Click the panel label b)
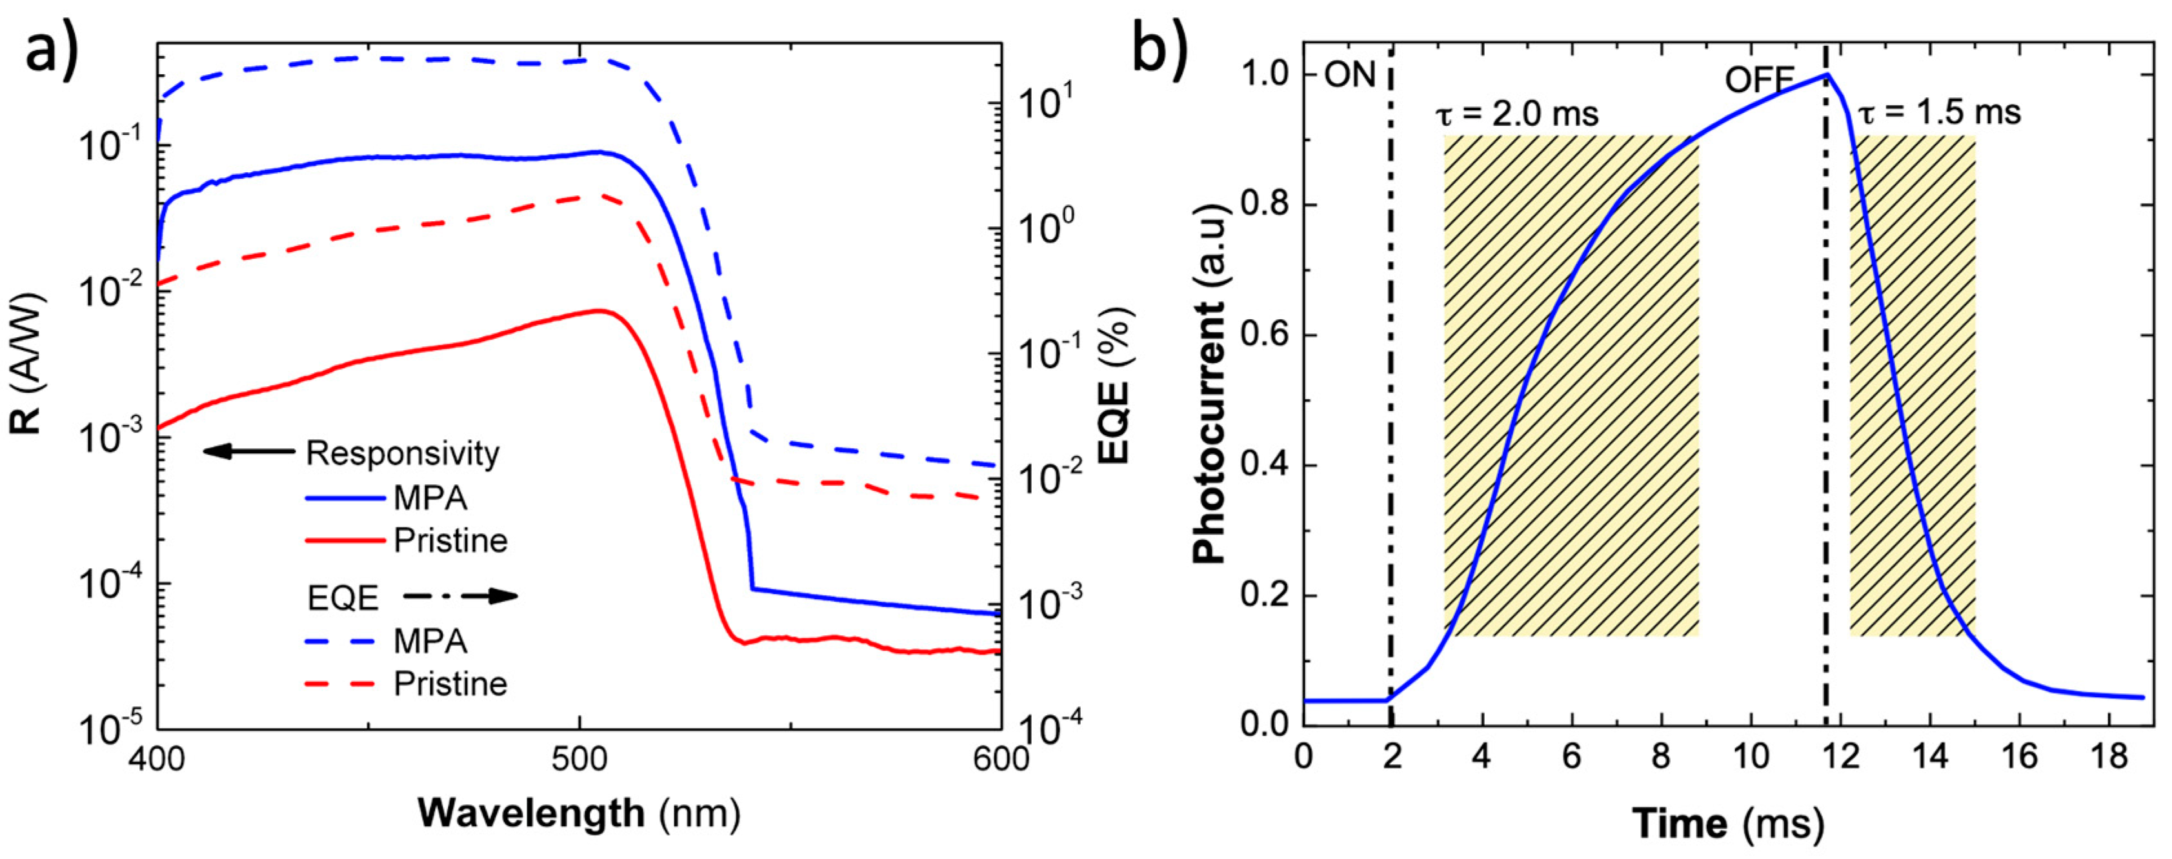(x=1160, y=49)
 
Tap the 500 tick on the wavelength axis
(x=579, y=758)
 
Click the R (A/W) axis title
(x=28, y=363)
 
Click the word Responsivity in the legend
(x=402, y=453)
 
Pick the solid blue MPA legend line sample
(x=345, y=499)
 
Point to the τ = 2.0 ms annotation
(x=1517, y=113)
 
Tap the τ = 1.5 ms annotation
(x=1939, y=112)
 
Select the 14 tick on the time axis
(x=1930, y=756)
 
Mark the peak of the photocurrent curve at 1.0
(x=1826, y=75)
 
